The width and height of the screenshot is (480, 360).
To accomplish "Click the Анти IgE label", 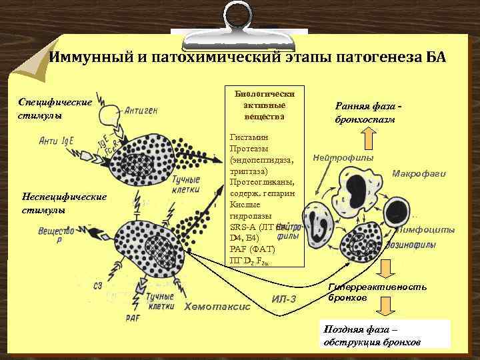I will pyautogui.click(x=59, y=141).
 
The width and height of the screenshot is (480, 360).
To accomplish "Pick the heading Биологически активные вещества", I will pyautogui.click(x=264, y=105).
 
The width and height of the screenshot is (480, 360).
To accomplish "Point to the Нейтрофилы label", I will pyautogui.click(x=343, y=158).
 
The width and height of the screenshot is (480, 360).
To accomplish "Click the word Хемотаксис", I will pyautogui.click(x=217, y=307).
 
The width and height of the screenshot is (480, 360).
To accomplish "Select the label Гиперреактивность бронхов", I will pyautogui.click(x=377, y=292).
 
